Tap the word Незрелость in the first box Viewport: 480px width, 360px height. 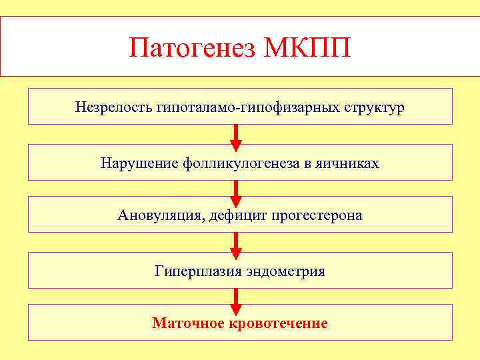click(x=114, y=107)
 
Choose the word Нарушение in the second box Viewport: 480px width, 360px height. click(x=138, y=163)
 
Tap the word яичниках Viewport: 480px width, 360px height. click(x=351, y=163)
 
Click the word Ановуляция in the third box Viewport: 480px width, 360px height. click(x=155, y=215)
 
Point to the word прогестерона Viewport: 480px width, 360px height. click(x=317, y=215)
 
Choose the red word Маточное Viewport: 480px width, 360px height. click(x=189, y=324)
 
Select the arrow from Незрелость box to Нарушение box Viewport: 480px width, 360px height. click(x=235, y=137)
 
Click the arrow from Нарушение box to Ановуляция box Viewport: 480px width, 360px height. click(x=235, y=191)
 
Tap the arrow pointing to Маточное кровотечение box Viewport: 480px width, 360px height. click(x=235, y=300)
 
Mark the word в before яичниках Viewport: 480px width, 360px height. click(x=308, y=163)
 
